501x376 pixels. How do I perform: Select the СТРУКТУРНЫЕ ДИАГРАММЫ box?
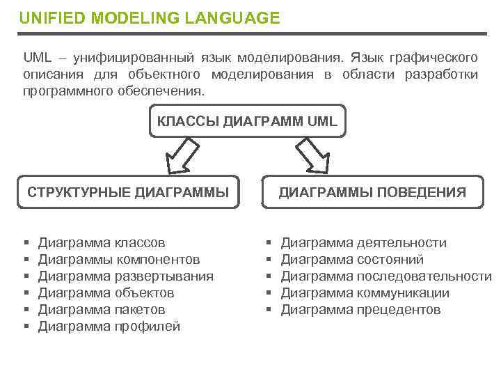[127, 192]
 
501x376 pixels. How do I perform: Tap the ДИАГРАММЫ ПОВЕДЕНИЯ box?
[372, 192]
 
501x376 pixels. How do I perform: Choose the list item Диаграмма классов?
[102, 243]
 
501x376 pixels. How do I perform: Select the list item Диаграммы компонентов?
[119, 260]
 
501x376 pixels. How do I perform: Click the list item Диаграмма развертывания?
[125, 276]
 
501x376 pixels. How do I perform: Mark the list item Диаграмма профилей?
[109, 327]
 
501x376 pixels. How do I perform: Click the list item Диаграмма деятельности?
[363, 243]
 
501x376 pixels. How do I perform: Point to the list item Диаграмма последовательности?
[386, 276]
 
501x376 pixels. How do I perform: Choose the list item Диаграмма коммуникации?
[365, 293]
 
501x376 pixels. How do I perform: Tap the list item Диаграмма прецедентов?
[360, 310]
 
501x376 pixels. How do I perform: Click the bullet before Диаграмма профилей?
[26, 327]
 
